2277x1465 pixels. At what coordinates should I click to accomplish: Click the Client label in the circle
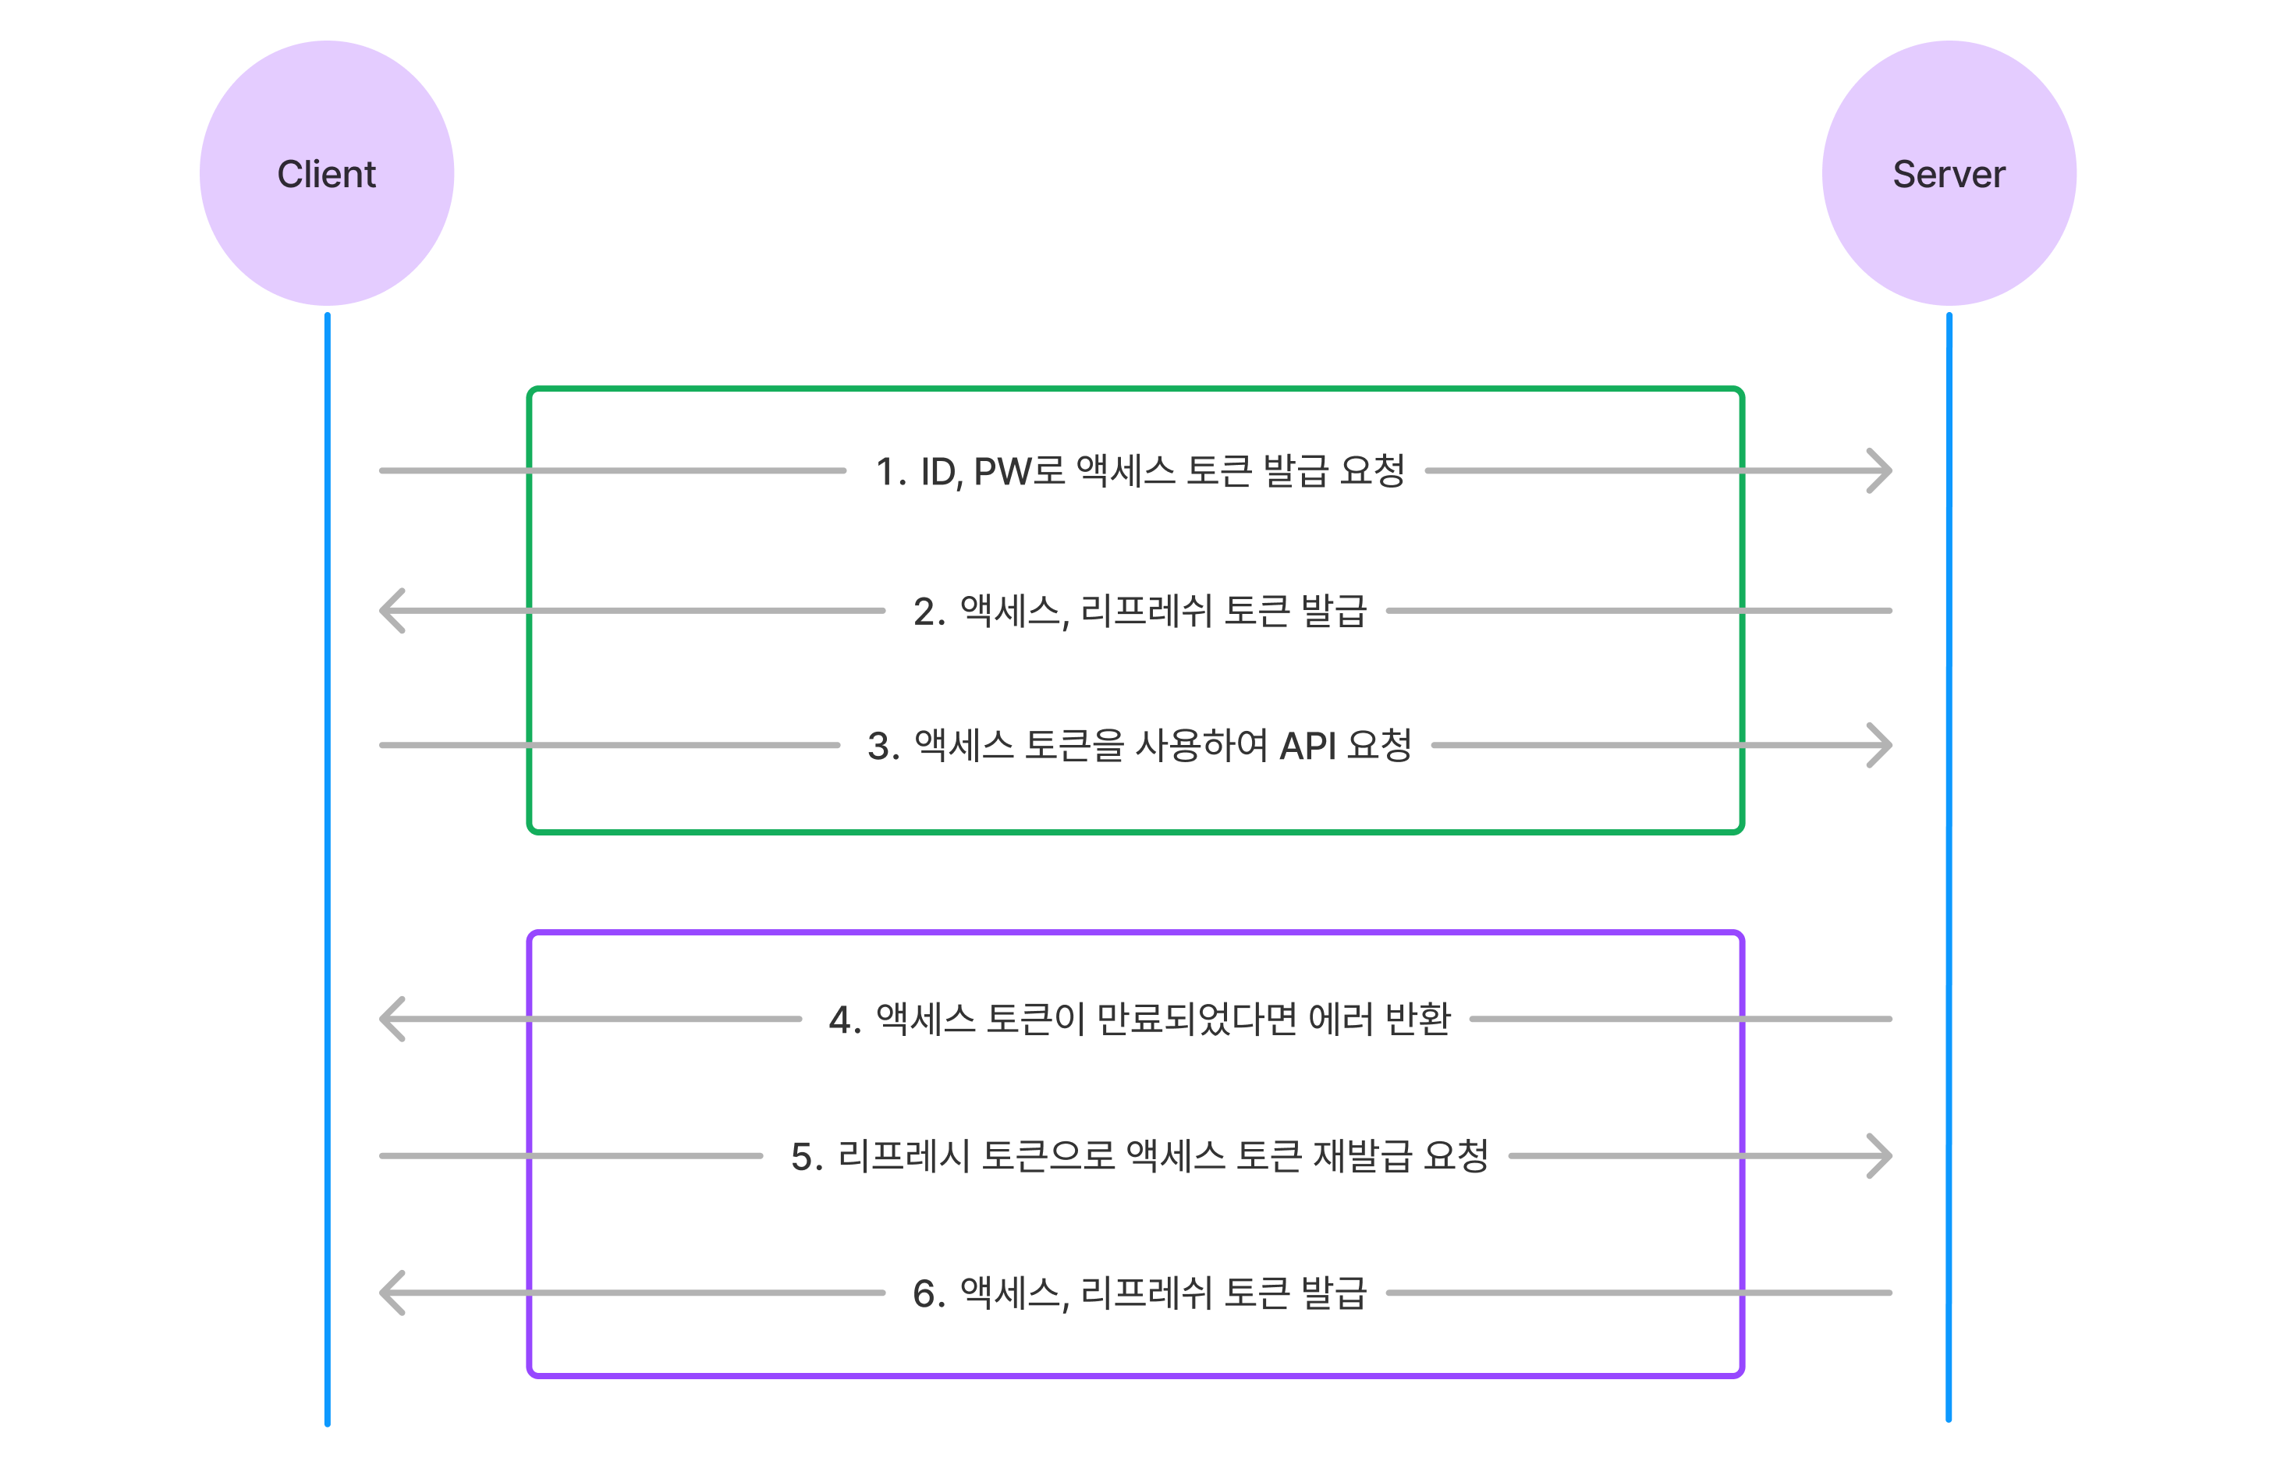[326, 174]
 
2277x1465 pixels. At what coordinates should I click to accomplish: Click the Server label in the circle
[1949, 174]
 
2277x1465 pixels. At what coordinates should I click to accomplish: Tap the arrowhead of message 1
[1879, 470]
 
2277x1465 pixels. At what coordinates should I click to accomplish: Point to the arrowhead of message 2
[392, 611]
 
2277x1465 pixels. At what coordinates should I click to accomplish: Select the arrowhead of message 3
[1879, 745]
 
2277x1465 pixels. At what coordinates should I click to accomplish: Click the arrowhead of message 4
[392, 1019]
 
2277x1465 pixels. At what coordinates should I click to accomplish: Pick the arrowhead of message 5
[1879, 1156]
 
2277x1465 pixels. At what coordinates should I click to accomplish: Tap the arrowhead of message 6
[392, 1293]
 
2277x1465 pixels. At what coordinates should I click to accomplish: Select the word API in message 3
[1308, 746]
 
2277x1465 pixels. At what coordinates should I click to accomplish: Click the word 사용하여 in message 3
[1202, 745]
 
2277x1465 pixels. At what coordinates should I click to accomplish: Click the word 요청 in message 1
[1372, 470]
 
